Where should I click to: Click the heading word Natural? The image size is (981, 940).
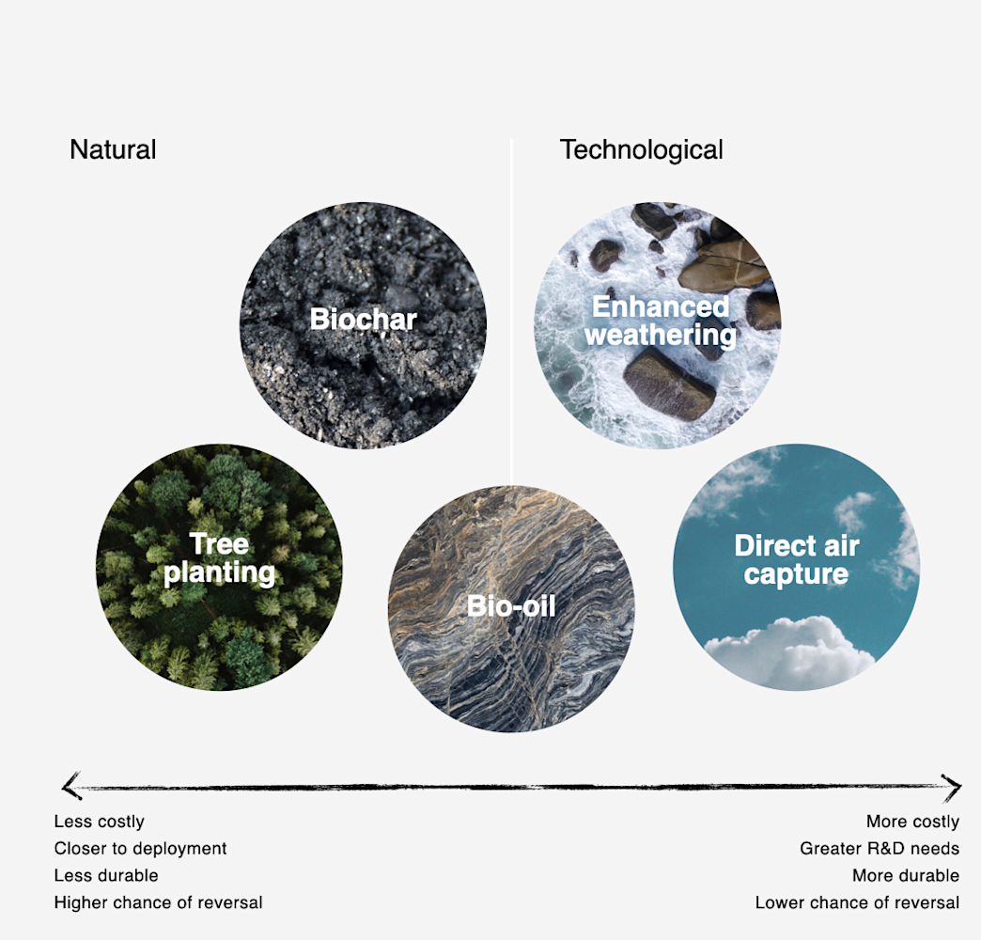tap(113, 149)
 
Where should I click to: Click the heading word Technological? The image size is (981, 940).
tap(641, 149)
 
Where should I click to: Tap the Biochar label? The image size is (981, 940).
tap(363, 320)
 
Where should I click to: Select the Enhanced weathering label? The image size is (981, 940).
tap(661, 321)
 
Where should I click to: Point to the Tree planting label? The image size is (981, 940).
tap(219, 558)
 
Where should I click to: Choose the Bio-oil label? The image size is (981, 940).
tap(511, 606)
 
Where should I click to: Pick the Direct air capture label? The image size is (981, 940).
tap(796, 560)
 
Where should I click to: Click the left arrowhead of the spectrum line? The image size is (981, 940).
tap(68, 786)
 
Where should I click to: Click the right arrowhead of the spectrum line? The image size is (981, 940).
tap(954, 787)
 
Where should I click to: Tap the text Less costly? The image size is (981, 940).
tap(100, 822)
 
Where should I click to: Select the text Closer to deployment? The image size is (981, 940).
tap(141, 849)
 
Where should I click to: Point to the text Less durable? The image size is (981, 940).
tap(105, 876)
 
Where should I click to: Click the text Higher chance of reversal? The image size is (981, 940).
tap(158, 903)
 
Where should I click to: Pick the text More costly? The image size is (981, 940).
tap(912, 822)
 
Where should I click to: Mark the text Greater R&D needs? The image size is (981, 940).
tap(880, 849)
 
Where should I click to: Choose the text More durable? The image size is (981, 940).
tap(906, 876)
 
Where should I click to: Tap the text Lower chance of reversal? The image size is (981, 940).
tap(857, 903)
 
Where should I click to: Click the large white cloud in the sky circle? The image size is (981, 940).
tap(789, 650)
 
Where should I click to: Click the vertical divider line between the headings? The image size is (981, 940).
tap(511, 282)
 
